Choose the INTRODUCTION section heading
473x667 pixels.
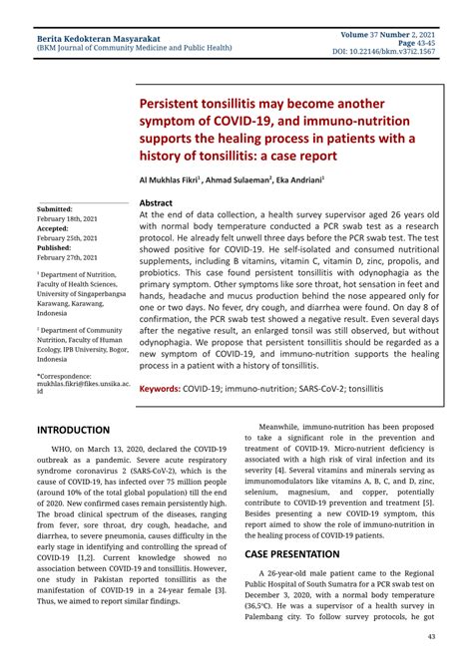(x=73, y=430)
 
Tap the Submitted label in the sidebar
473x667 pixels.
(x=55, y=208)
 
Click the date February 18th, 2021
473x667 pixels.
(x=68, y=217)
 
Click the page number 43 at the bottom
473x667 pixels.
(x=430, y=636)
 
